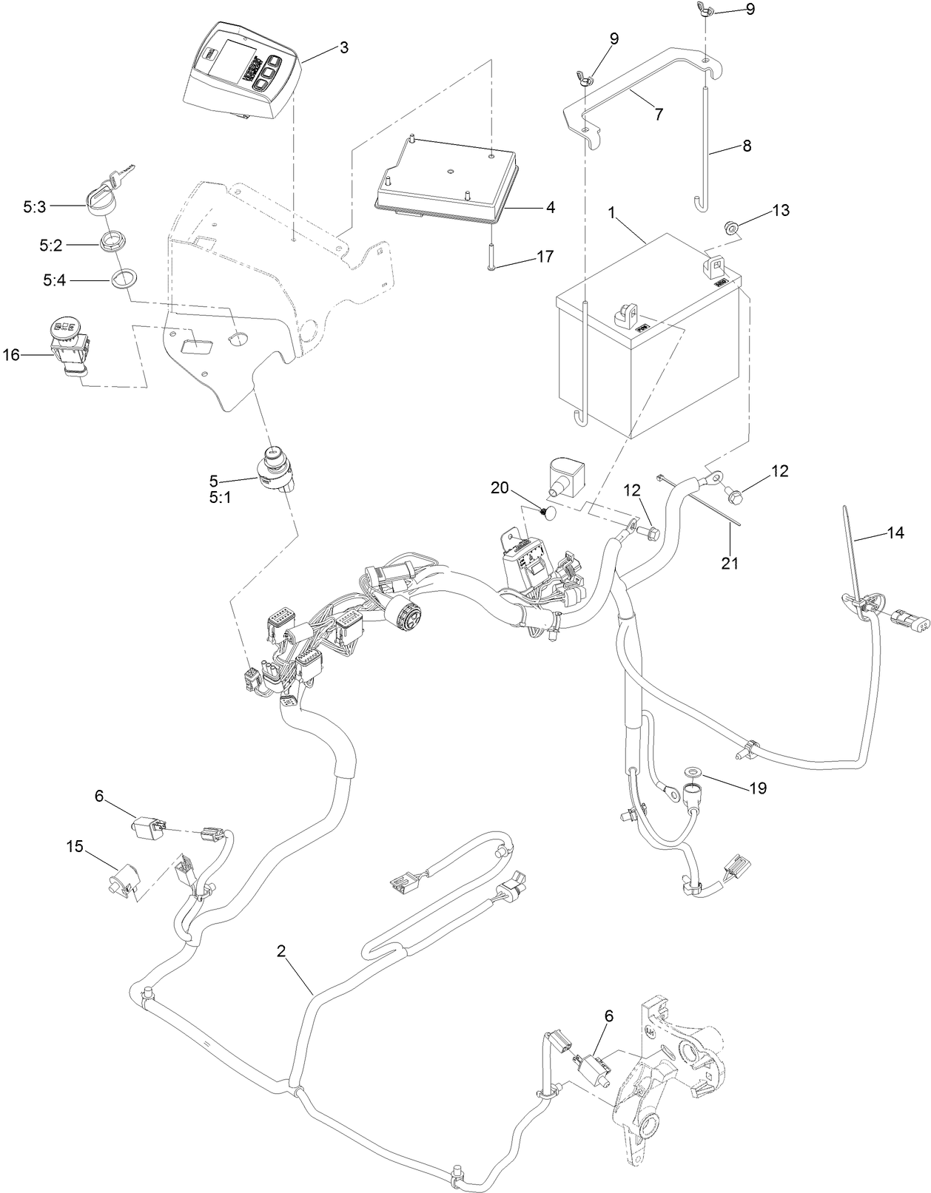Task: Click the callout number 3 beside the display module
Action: (343, 47)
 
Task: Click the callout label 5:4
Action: (55, 281)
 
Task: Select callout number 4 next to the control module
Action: (550, 208)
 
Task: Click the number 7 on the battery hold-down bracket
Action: (659, 114)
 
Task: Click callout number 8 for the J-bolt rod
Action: (746, 146)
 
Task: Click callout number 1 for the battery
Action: (611, 212)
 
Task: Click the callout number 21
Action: (730, 563)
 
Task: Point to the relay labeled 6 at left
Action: (145, 828)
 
